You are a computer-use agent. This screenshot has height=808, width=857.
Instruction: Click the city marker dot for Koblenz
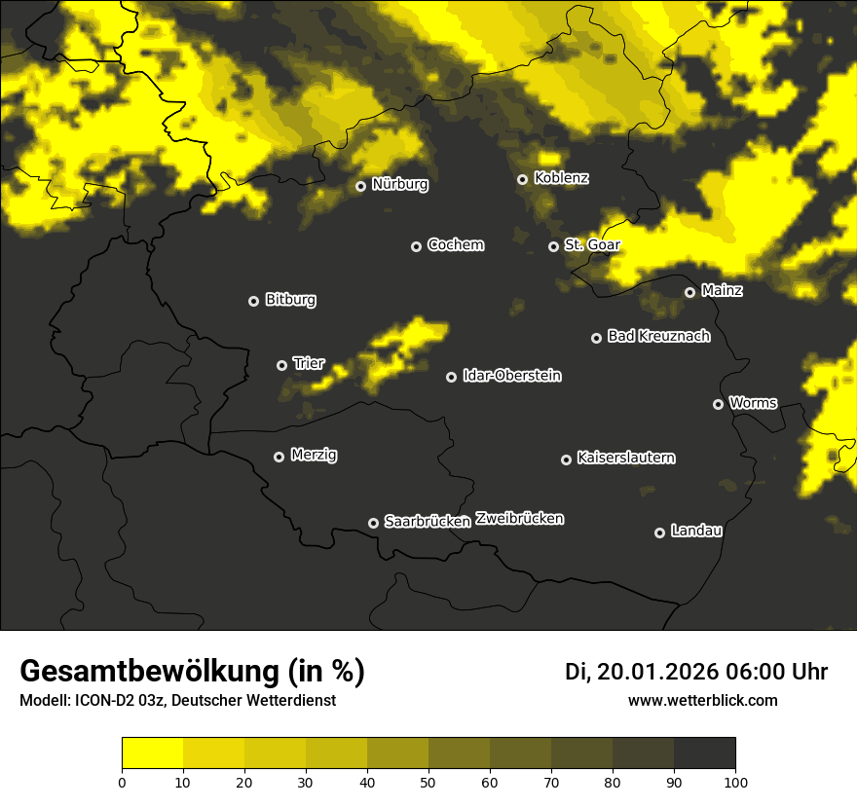pyautogui.click(x=522, y=179)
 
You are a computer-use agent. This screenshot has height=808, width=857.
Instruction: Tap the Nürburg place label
pyautogui.click(x=399, y=184)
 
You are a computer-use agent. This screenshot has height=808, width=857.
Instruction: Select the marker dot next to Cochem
pyautogui.click(x=416, y=246)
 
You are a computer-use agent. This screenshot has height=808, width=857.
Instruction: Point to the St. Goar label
pyautogui.click(x=592, y=244)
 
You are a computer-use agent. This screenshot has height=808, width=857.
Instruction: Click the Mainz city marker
pyautogui.click(x=689, y=292)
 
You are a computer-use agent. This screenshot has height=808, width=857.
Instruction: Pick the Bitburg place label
pyautogui.click(x=290, y=300)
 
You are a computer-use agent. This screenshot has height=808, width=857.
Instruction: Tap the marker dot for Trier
pyautogui.click(x=281, y=365)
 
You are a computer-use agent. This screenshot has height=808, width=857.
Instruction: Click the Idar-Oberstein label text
pyautogui.click(x=512, y=376)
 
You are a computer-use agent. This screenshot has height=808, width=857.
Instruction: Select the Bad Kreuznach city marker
pyautogui.click(x=596, y=338)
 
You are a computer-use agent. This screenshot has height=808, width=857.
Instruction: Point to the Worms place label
pyautogui.click(x=753, y=402)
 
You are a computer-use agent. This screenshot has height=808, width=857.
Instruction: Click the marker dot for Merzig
pyautogui.click(x=279, y=457)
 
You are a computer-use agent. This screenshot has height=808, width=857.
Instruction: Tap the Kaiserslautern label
pyautogui.click(x=625, y=458)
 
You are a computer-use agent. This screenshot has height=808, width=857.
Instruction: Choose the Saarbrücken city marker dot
pyautogui.click(x=373, y=523)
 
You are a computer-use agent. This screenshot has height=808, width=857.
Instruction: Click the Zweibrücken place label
pyautogui.click(x=519, y=519)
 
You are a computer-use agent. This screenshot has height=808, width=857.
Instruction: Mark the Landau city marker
pyautogui.click(x=659, y=533)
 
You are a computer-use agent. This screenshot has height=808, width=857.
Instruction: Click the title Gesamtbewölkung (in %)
pyautogui.click(x=192, y=672)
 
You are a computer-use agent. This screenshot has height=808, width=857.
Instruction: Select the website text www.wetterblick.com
pyautogui.click(x=702, y=700)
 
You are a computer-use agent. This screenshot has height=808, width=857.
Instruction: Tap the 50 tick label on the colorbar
pyautogui.click(x=428, y=781)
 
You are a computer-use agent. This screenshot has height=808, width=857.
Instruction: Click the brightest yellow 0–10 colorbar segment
pyautogui.click(x=152, y=753)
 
